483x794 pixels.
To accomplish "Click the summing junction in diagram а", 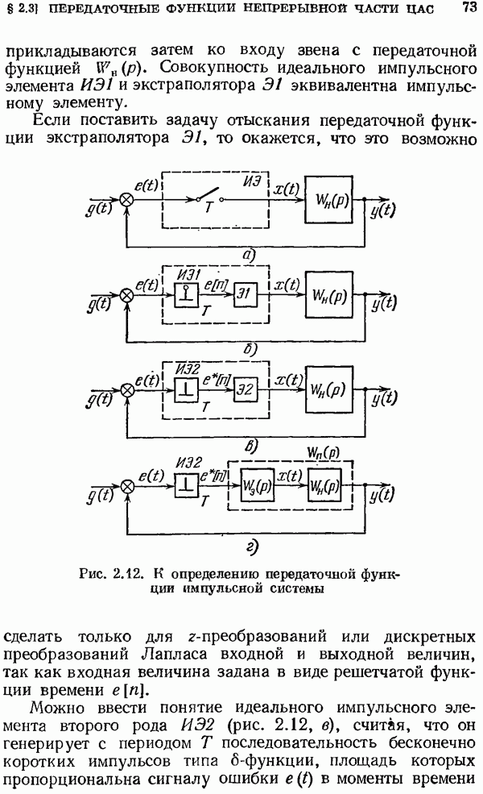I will pos(126,198).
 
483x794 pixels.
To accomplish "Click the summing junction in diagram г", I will pos(126,486).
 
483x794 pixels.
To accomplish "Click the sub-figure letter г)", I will pos(250,550).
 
